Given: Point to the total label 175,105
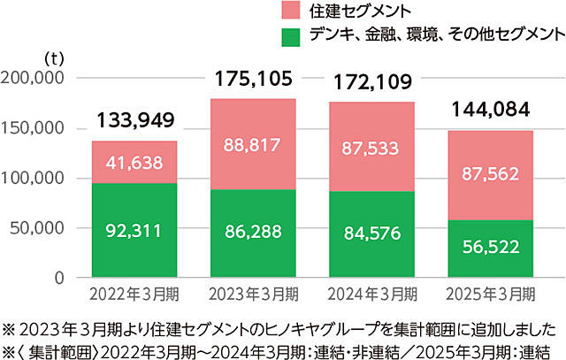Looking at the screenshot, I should [x=253, y=80].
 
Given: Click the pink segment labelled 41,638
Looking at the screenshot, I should [x=134, y=162].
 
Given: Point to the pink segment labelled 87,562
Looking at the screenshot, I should [x=489, y=175].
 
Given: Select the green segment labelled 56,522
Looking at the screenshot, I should [x=489, y=249].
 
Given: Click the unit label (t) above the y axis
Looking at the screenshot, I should [x=54, y=58].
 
